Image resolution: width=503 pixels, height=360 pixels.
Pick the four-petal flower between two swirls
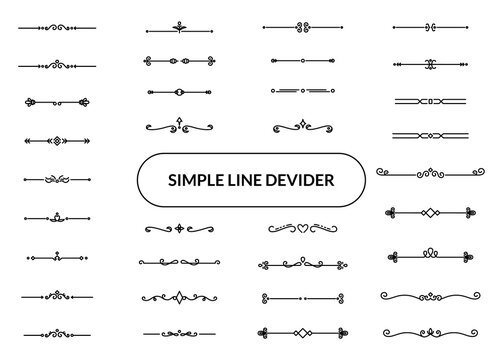click(x=179, y=229)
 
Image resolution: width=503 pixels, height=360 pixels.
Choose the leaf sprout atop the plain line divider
click(x=179, y=23)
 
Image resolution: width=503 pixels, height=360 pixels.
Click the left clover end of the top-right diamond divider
click(x=388, y=213)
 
